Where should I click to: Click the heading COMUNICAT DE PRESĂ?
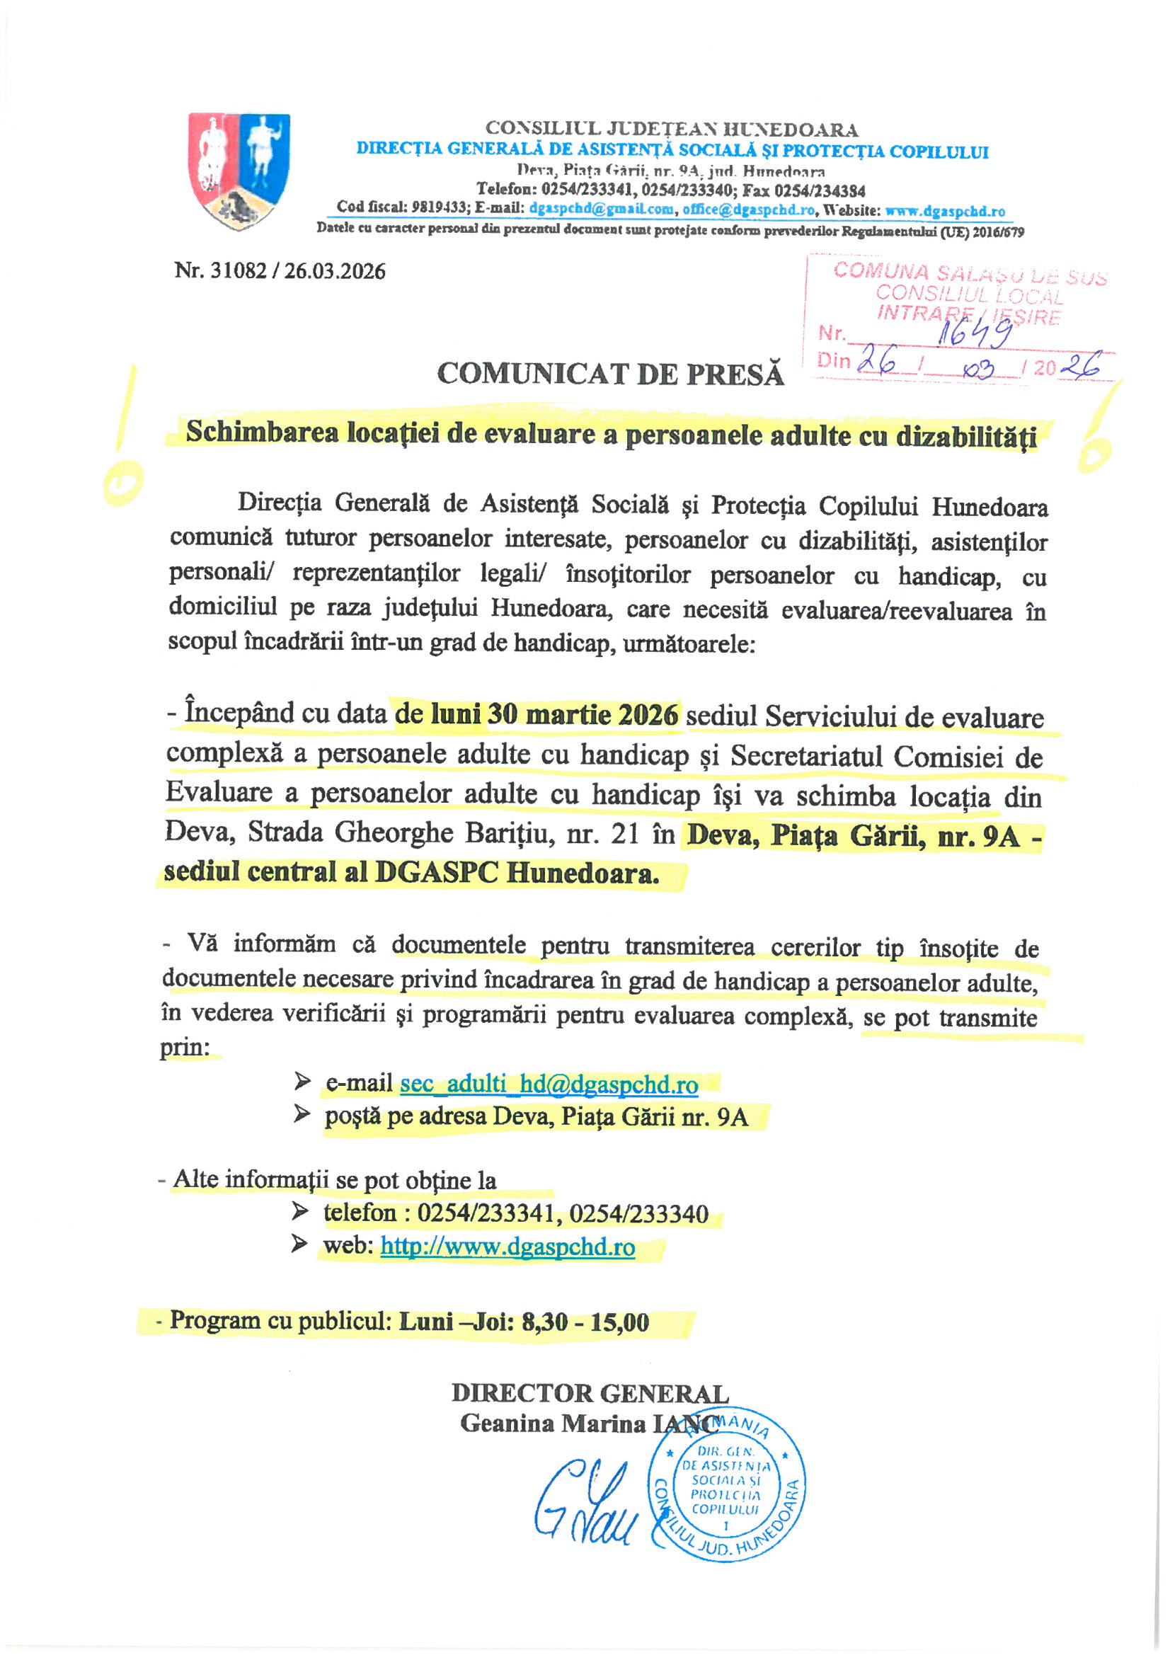pos(610,374)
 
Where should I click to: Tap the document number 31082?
pos(238,271)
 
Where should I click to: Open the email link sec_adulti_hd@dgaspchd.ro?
pos(549,1083)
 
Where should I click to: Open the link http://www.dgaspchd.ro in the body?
pos(507,1247)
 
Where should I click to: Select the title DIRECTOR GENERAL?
pos(590,1393)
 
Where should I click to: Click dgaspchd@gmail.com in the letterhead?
pos(601,210)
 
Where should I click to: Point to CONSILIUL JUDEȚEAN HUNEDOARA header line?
pos(671,130)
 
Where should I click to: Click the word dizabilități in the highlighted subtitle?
pos(966,437)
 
